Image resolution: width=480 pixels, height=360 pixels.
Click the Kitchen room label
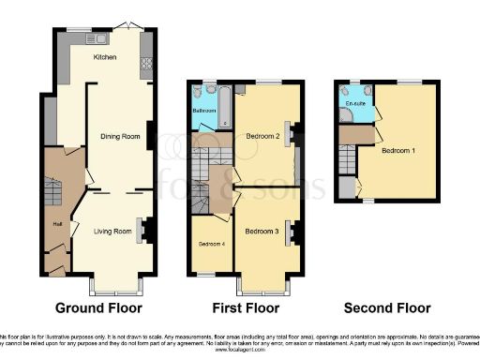(x=105, y=58)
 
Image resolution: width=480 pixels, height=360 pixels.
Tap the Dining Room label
(x=120, y=137)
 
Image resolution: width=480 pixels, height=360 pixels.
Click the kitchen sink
(x=96, y=39)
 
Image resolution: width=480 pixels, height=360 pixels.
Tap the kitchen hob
(x=146, y=65)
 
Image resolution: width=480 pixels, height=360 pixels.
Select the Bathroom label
(x=204, y=110)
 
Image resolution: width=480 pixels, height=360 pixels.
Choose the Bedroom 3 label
(x=262, y=231)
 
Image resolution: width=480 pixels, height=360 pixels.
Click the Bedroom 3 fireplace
(x=293, y=232)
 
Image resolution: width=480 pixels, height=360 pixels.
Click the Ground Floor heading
(x=98, y=307)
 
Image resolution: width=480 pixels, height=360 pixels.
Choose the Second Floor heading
(x=387, y=307)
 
